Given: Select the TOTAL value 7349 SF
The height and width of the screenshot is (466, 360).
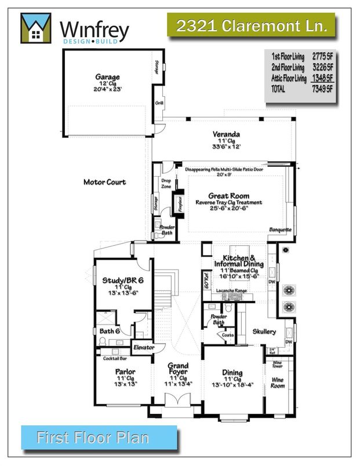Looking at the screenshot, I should click(320, 89).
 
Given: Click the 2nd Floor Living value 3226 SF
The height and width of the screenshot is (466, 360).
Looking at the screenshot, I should click(320, 67).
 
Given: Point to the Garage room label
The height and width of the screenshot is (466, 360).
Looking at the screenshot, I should click(108, 77).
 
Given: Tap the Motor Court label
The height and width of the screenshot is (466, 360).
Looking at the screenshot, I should click(105, 182).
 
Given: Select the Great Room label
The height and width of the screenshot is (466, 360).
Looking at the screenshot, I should click(229, 196).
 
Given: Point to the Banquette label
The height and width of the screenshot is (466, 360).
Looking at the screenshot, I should click(280, 230).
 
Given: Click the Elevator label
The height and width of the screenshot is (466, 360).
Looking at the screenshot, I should click(143, 347).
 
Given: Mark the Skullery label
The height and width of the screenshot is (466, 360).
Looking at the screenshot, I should click(264, 332).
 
